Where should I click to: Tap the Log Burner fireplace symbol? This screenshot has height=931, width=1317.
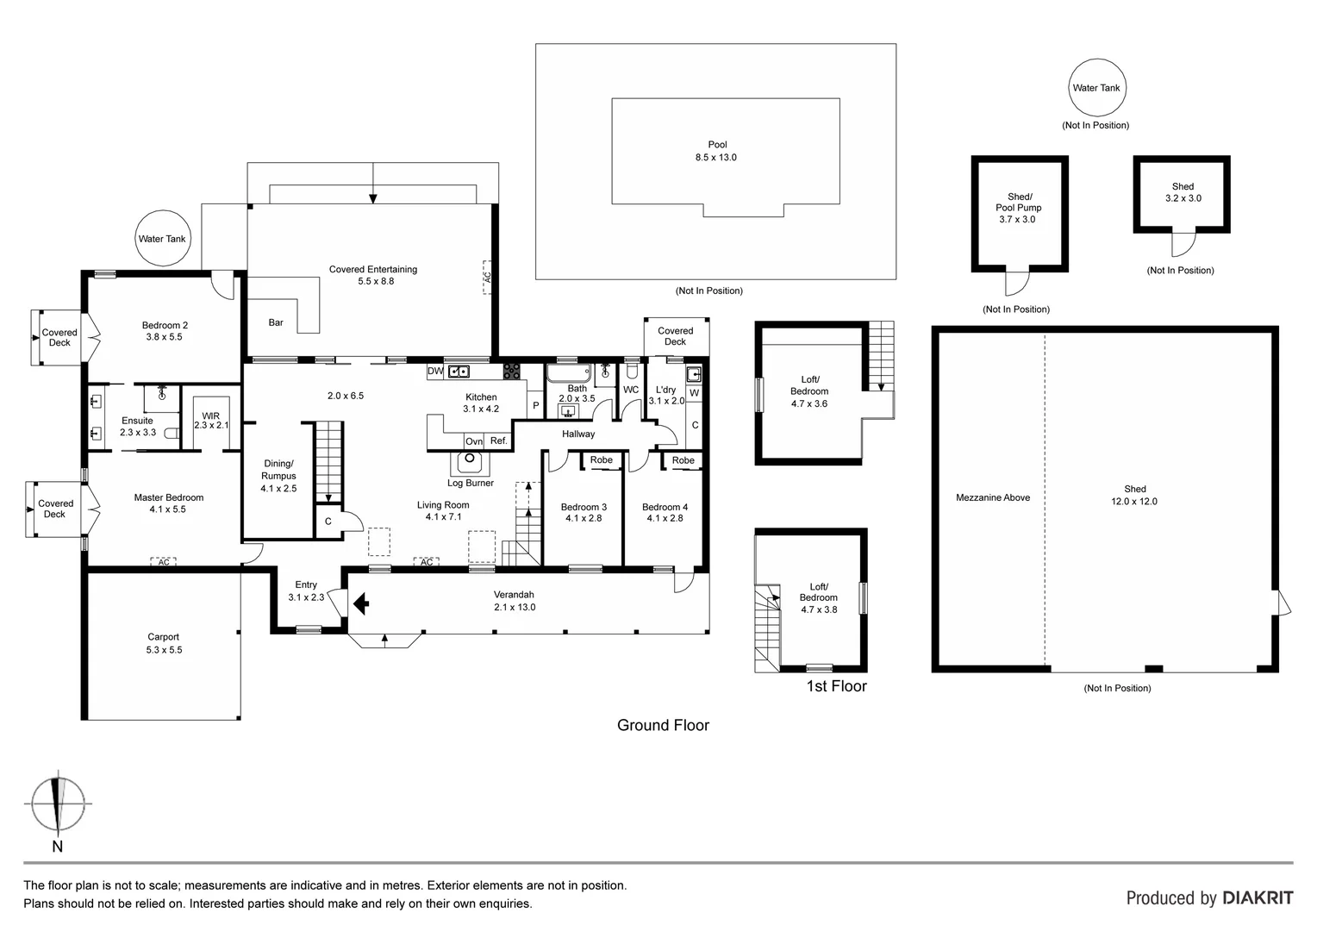(470, 463)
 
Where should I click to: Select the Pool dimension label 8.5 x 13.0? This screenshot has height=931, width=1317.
(715, 157)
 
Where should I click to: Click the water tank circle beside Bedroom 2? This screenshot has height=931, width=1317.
(163, 238)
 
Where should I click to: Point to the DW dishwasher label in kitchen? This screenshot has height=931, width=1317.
(435, 371)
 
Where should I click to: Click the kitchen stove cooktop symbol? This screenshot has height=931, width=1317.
(511, 371)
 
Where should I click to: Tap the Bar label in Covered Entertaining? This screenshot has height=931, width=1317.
(276, 322)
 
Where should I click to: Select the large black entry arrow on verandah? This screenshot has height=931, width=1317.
(361, 603)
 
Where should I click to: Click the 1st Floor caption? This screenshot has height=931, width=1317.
(836, 686)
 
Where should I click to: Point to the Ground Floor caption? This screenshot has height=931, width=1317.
(663, 725)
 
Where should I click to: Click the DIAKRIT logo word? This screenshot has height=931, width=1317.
(1258, 898)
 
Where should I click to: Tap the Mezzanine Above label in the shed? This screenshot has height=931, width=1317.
(993, 497)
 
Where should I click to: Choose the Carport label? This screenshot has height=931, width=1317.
(164, 637)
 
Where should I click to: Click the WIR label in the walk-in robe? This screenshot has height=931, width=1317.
(210, 416)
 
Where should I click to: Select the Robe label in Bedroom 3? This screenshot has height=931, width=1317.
(602, 460)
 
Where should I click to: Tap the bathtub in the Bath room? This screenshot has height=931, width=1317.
(569, 373)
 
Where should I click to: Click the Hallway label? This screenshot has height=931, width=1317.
(578, 434)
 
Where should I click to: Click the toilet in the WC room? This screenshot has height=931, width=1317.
(632, 371)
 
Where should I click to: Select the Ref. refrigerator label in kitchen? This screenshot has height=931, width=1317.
(498, 441)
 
